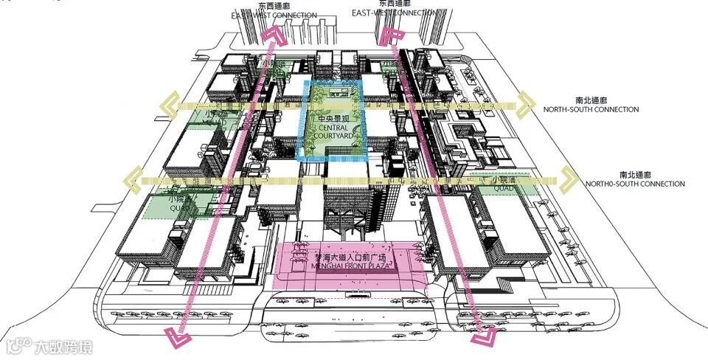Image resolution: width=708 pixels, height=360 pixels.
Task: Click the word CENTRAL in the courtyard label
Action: (333, 128)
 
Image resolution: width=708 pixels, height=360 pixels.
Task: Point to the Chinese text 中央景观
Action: (332, 118)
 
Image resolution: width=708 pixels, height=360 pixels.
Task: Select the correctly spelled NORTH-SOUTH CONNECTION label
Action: (591, 109)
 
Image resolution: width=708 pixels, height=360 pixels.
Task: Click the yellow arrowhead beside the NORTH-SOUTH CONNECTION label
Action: (526, 104)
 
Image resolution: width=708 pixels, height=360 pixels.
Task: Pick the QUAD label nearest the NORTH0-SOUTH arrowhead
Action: (503, 189)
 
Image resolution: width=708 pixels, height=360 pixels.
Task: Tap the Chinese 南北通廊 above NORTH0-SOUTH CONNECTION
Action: (634, 174)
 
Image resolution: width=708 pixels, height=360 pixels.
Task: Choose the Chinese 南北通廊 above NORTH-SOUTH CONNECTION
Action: (591, 100)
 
